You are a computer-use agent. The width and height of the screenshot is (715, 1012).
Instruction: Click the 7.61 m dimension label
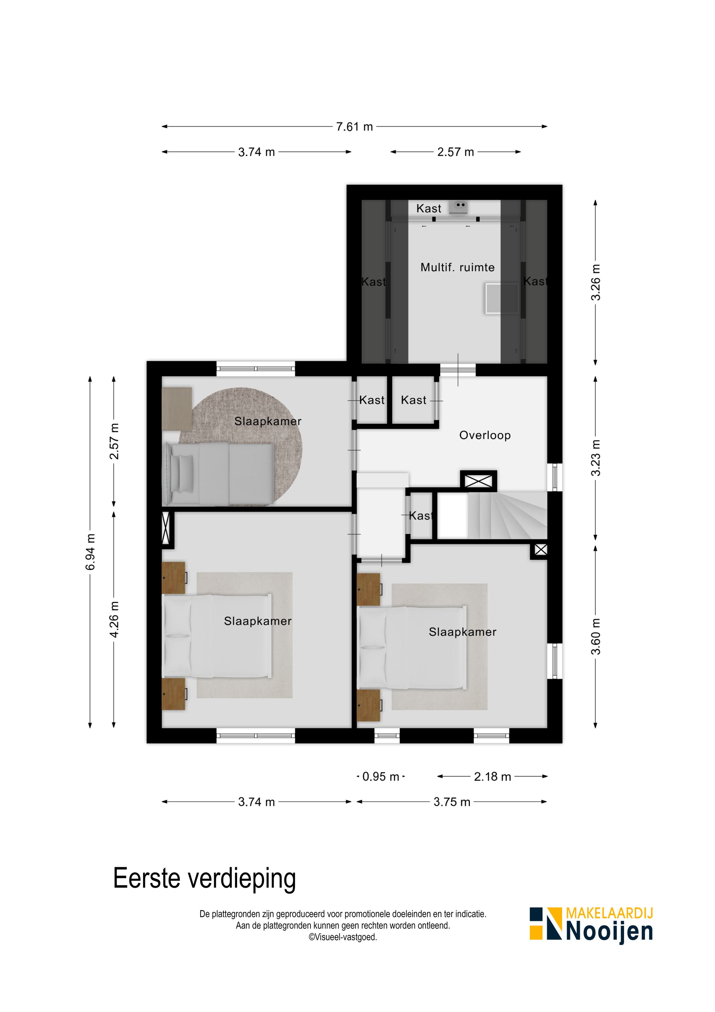355,127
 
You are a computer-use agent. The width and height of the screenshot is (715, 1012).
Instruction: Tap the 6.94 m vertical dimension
90,552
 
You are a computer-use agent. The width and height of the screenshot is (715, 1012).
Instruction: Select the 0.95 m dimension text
380,777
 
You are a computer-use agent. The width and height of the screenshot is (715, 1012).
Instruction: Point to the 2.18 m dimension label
492,777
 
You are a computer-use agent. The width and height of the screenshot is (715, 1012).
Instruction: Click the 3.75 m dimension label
452,802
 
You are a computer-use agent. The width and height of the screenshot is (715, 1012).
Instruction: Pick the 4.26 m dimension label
114,619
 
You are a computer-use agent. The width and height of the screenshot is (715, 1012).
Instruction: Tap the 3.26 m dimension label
596,283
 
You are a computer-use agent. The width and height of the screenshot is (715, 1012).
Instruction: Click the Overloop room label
485,435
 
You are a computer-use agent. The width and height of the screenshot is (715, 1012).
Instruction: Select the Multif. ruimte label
457,267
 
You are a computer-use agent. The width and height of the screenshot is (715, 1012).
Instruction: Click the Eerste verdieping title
204,878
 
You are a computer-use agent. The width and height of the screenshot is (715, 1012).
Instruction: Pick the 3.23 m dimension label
596,458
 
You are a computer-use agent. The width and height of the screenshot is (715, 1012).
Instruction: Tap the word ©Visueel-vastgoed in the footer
343,937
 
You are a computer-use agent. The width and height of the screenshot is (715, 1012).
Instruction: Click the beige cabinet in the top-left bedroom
177,408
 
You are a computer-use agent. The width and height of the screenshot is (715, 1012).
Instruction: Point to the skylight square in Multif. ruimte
502,299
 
